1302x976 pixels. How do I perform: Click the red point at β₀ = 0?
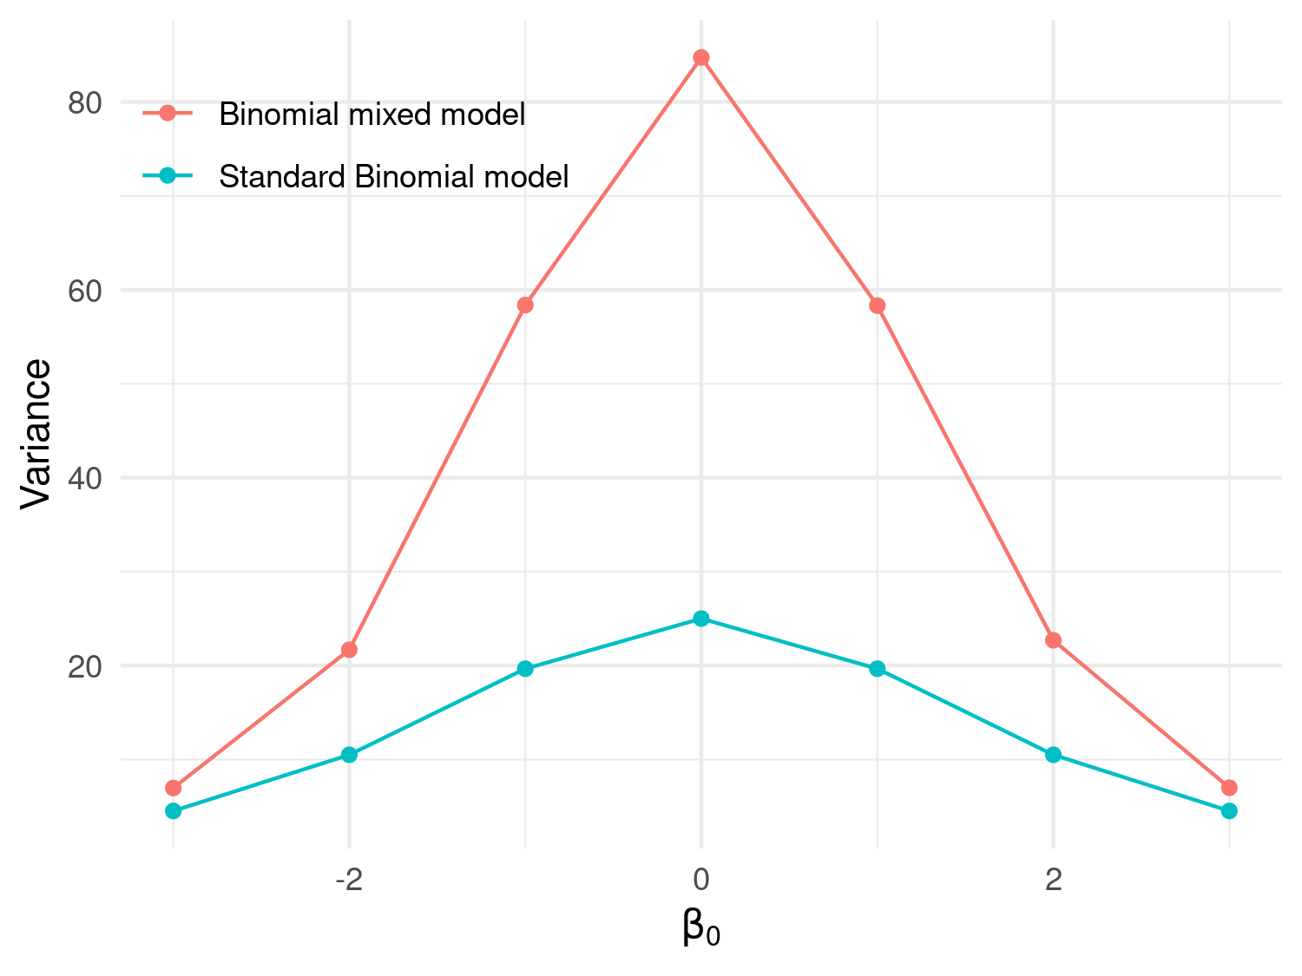[701, 58]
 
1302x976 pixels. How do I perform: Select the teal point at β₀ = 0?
[701, 619]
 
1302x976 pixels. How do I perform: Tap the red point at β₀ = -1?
[525, 305]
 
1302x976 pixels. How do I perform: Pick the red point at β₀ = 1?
[878, 305]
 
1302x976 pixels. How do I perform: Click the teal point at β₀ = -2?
[349, 755]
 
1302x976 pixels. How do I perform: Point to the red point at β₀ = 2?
[1053, 640]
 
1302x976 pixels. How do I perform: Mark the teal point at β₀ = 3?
[1229, 811]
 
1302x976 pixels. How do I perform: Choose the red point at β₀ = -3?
[174, 788]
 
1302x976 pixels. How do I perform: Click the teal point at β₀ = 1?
[878, 668]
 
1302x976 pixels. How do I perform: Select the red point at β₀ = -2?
[349, 650]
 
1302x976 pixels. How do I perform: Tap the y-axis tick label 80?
[84, 103]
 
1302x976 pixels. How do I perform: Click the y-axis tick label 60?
[84, 291]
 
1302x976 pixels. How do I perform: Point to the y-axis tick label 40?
[84, 478]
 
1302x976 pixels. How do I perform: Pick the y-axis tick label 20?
[84, 666]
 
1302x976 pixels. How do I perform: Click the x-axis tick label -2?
[349, 881]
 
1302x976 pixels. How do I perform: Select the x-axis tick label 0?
[701, 881]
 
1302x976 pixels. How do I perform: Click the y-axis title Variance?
[36, 434]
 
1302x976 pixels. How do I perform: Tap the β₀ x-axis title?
[701, 927]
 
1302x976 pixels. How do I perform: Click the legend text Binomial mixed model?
[372, 115]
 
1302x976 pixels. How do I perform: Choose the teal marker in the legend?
[168, 176]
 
